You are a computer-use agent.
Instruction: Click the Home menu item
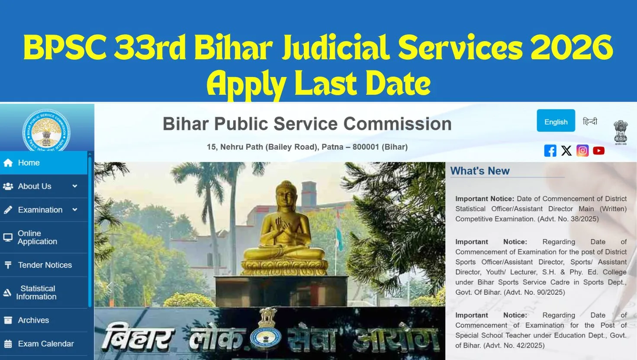(44, 163)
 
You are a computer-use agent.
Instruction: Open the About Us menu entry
(44, 186)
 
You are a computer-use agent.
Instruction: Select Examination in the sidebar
(44, 210)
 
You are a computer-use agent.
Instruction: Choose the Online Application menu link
(44, 238)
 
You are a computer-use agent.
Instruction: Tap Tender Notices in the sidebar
(44, 265)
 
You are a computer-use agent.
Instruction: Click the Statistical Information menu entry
(44, 292)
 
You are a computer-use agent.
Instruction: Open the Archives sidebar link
(44, 320)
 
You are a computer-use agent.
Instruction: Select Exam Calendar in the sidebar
(44, 344)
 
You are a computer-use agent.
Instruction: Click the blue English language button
(556, 121)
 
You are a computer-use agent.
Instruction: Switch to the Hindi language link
(590, 122)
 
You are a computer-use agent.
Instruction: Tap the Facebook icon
(550, 151)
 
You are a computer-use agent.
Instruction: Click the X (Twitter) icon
(566, 151)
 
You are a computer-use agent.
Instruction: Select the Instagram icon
(582, 151)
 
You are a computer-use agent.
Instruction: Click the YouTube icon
(598, 151)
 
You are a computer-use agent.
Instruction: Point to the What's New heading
(480, 170)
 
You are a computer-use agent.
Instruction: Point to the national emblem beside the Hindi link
(621, 132)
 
